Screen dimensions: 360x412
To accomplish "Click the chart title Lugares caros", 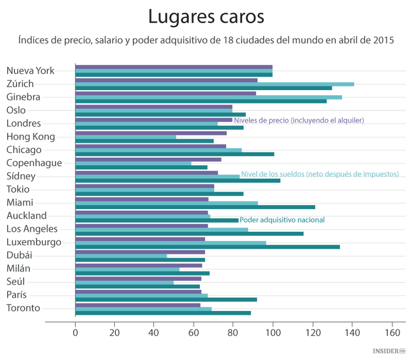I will (x=206, y=17).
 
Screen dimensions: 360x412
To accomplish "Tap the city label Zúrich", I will (x=20, y=84).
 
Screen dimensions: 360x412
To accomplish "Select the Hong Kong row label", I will (x=31, y=137).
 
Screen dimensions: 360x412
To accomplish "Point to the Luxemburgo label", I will (x=34, y=242).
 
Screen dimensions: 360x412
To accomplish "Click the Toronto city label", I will (x=24, y=308).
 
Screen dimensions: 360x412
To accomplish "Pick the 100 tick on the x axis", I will (x=273, y=332).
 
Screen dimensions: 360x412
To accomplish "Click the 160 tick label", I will (x=392, y=332).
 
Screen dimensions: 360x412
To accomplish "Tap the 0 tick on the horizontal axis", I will (x=75, y=332).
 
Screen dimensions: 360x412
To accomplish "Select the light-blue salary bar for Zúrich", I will (x=214, y=84).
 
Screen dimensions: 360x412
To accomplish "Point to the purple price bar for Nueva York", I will (x=174, y=67).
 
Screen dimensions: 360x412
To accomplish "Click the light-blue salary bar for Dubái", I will (x=121, y=256).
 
